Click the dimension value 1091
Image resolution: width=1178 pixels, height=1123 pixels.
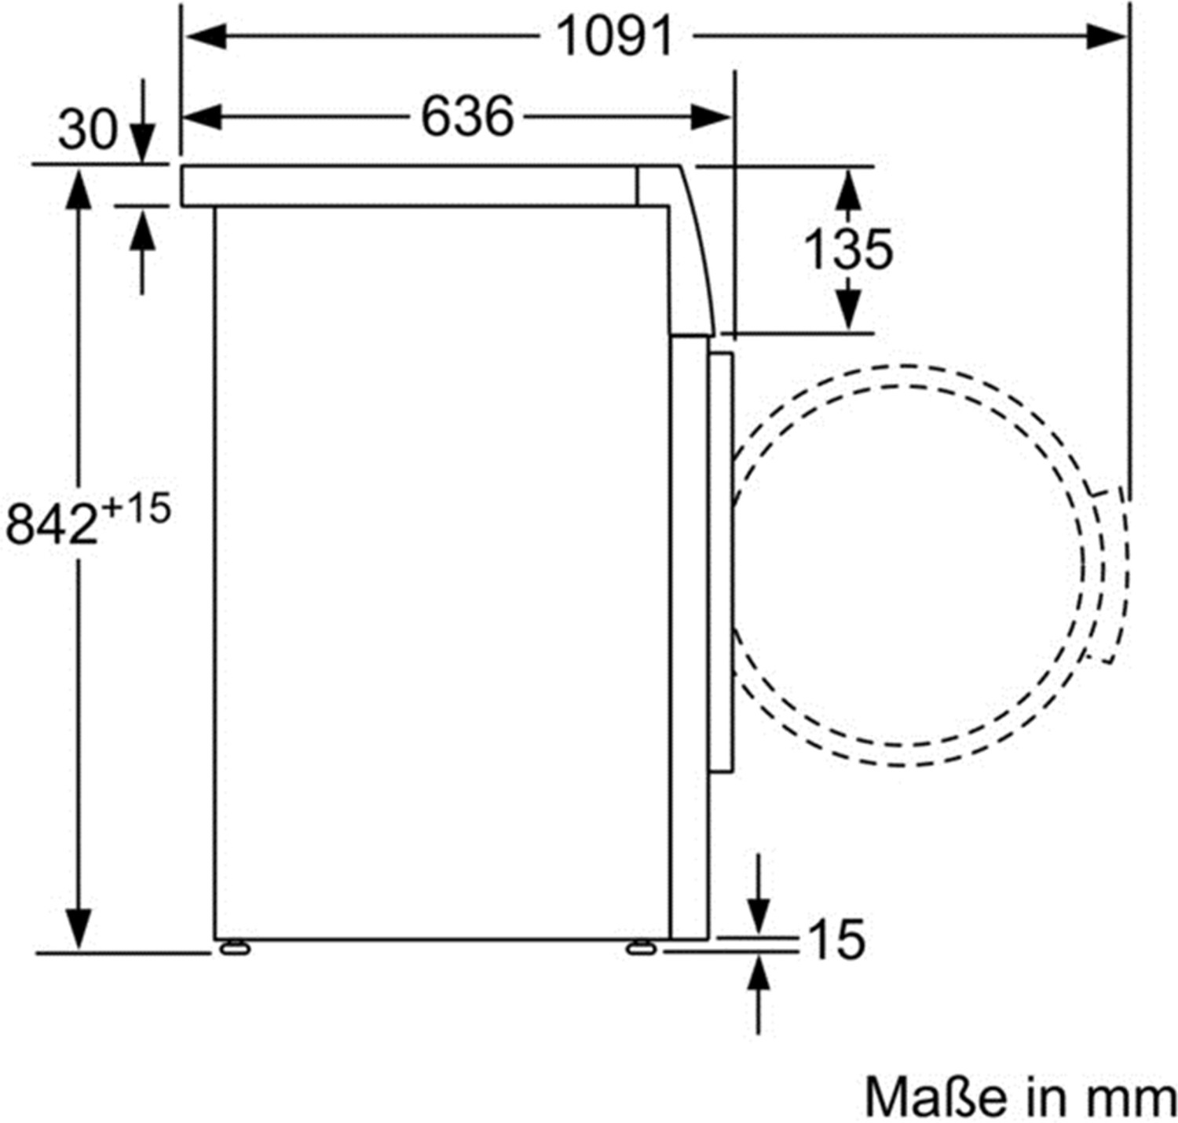tap(615, 37)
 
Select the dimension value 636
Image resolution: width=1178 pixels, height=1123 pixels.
tap(467, 116)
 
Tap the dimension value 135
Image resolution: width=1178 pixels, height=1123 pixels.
tap(848, 249)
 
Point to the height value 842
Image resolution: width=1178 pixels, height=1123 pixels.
tap(52, 524)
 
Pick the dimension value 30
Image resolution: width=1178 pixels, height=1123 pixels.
tap(87, 130)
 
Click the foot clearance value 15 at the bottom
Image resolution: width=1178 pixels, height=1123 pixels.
tap(836, 939)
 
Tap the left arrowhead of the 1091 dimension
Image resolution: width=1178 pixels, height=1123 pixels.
tap(206, 37)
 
